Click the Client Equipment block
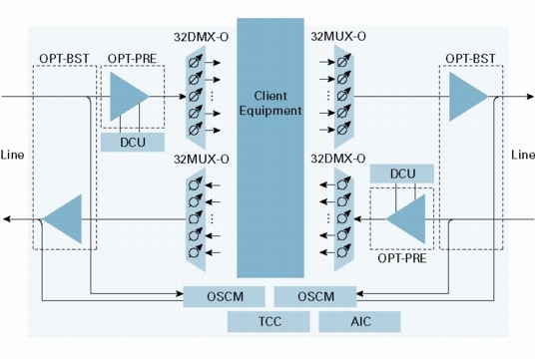(270, 148)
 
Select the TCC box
(268, 321)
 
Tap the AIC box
(359, 321)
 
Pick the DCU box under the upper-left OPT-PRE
(133, 142)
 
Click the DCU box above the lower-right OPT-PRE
(402, 174)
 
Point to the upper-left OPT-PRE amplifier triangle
(129, 97)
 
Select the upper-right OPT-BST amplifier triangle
(468, 97)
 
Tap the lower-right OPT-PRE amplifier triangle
(406, 219)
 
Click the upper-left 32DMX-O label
(201, 37)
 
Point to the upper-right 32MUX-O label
(338, 36)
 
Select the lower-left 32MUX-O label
(202, 160)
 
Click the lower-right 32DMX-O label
(338, 159)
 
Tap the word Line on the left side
(12, 155)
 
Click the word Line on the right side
(523, 155)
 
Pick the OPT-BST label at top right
(470, 59)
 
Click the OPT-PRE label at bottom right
(402, 258)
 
